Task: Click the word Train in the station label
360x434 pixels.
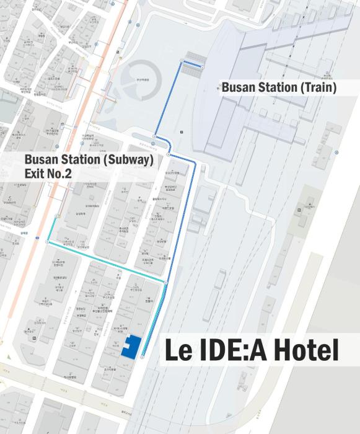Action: [x=317, y=88]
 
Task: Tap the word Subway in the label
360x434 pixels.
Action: [x=128, y=160]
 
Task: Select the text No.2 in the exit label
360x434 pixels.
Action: [x=60, y=174]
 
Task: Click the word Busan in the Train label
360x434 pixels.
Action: [x=238, y=88]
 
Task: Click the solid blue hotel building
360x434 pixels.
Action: [x=131, y=348]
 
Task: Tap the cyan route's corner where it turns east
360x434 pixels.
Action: [x=47, y=242]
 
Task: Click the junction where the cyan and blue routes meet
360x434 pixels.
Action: [x=166, y=283]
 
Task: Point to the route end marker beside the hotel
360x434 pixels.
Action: [x=142, y=358]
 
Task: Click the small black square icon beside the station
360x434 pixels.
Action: [x=182, y=132]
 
